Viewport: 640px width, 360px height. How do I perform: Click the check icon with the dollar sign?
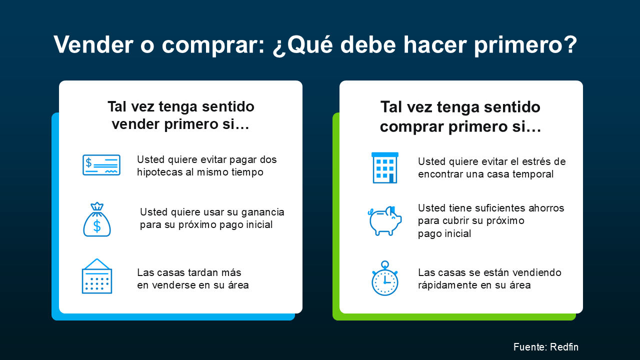tap(101, 165)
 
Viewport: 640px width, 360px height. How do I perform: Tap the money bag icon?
tap(97, 219)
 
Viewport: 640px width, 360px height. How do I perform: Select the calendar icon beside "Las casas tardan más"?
tap(97, 276)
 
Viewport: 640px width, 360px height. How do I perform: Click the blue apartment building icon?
tap(385, 167)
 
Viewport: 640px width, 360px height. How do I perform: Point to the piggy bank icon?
tap(384, 220)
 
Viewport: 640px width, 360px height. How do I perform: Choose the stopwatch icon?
tap(385, 278)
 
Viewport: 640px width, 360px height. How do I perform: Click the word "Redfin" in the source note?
tap(564, 347)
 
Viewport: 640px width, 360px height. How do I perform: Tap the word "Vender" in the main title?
tap(93, 44)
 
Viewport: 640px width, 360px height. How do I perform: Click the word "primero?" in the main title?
tap(525, 45)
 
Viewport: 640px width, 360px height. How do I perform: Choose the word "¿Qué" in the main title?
tap(303, 45)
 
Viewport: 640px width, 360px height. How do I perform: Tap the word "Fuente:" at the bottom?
tap(530, 347)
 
